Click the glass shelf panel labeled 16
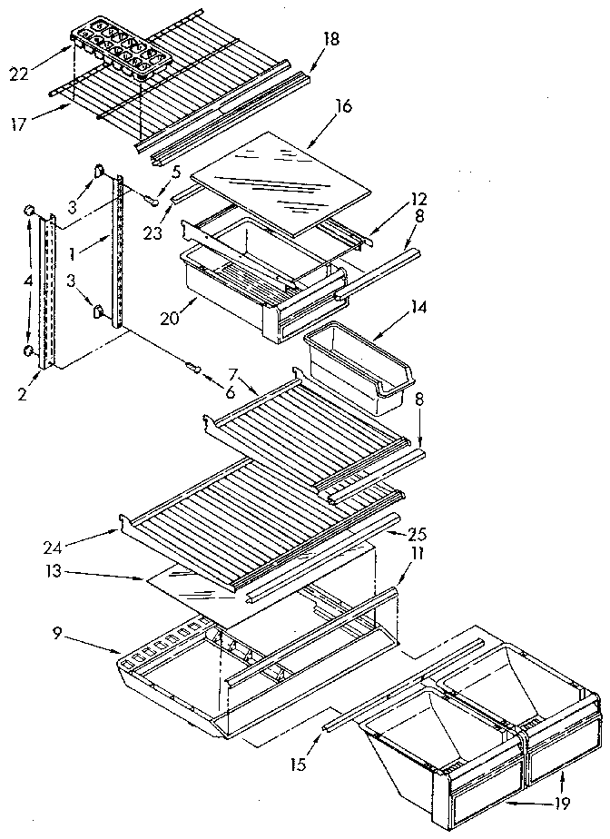(281, 173)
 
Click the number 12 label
(392, 199)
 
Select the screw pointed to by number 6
(192, 367)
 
